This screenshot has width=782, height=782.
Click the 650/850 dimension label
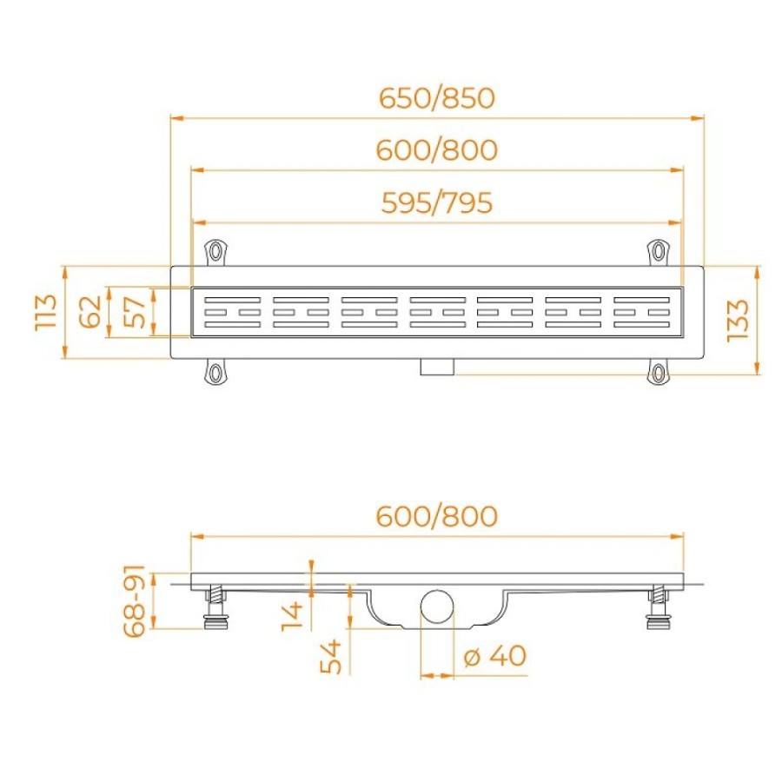pyautogui.click(x=437, y=98)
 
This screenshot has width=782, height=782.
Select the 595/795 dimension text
pyautogui.click(x=437, y=203)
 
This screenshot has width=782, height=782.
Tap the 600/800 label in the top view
pyautogui.click(x=437, y=150)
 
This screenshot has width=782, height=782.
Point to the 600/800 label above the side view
pyautogui.click(x=437, y=515)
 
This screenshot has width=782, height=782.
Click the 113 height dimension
pyautogui.click(x=46, y=312)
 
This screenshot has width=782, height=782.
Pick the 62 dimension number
pyautogui.click(x=90, y=312)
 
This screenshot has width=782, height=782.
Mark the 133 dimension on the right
pyautogui.click(x=738, y=320)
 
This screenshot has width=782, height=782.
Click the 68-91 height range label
pyautogui.click(x=134, y=601)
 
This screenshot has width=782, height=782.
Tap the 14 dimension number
pyautogui.click(x=292, y=616)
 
